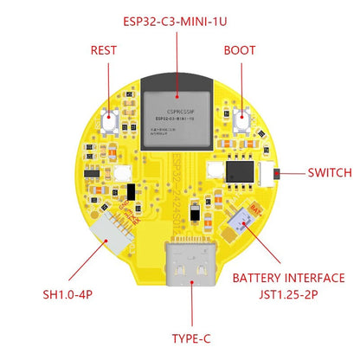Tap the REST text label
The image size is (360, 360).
click(x=103, y=50)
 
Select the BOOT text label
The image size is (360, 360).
click(x=240, y=50)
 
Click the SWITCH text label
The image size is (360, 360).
click(x=330, y=172)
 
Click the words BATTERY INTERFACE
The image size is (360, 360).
click(x=289, y=279)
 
